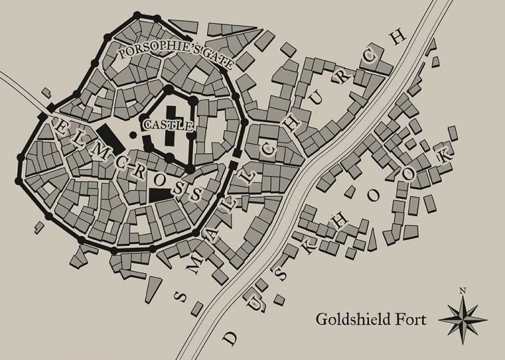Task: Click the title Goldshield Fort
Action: tap(371, 320)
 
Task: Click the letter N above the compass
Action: tap(462, 290)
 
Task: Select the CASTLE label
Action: tap(158, 124)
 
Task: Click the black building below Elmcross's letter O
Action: tap(158, 193)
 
